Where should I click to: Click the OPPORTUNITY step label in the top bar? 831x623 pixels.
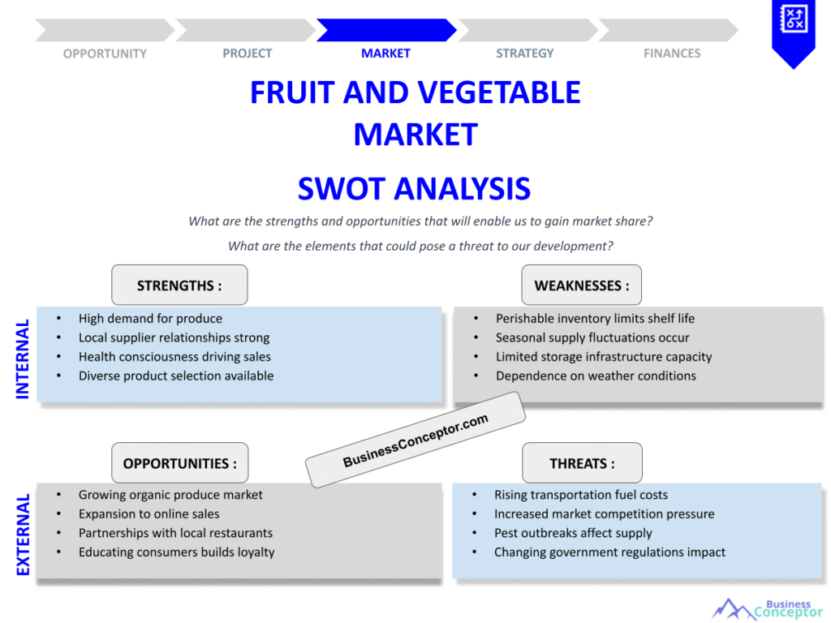click(x=105, y=54)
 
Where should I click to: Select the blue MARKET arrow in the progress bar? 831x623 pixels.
click(x=385, y=30)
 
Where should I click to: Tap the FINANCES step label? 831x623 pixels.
click(x=671, y=54)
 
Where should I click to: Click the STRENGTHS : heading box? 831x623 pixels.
click(x=179, y=286)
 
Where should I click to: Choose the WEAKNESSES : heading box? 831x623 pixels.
click(x=581, y=286)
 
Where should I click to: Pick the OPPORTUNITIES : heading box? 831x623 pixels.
click(x=179, y=463)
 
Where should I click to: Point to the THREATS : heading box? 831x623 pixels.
click(x=581, y=463)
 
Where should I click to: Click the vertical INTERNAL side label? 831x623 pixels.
click(x=23, y=358)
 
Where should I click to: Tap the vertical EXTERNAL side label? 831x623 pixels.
click(x=23, y=534)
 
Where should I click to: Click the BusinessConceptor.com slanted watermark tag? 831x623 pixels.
click(x=415, y=440)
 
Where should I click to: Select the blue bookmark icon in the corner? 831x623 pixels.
click(x=792, y=31)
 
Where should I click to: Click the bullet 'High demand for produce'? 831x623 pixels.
click(x=150, y=319)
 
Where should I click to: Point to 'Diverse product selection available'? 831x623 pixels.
click(x=176, y=376)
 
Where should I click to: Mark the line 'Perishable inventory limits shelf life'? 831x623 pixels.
click(x=595, y=319)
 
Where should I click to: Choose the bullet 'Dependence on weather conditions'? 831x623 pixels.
click(x=596, y=376)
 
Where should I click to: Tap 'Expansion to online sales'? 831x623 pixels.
click(x=149, y=513)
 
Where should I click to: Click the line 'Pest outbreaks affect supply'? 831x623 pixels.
click(x=573, y=533)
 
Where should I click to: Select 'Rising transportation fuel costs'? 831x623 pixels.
click(x=581, y=495)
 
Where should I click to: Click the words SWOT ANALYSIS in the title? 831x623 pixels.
click(x=414, y=189)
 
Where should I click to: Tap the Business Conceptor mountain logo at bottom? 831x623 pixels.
click(x=766, y=608)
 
